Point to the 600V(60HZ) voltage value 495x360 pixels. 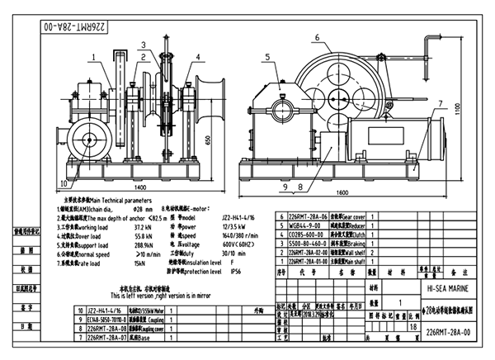coord(239,244)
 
